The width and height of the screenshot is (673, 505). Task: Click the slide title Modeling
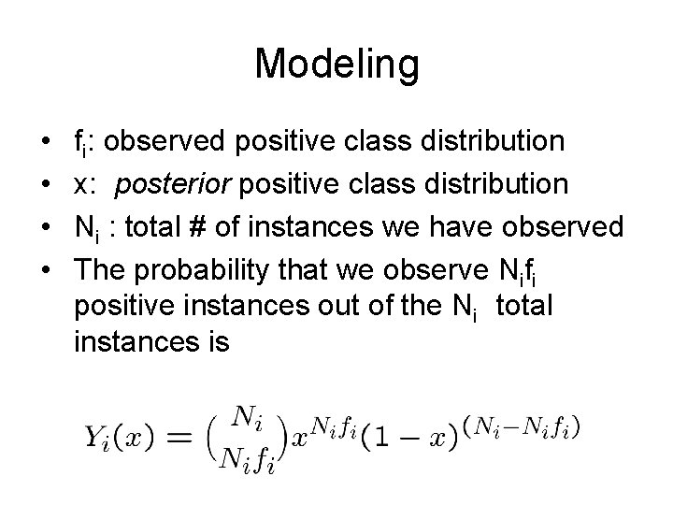click(336, 65)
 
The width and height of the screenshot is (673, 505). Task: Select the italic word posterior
click(174, 184)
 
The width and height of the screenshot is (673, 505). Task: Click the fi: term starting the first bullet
click(88, 142)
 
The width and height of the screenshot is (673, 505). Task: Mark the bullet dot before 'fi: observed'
click(47, 142)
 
